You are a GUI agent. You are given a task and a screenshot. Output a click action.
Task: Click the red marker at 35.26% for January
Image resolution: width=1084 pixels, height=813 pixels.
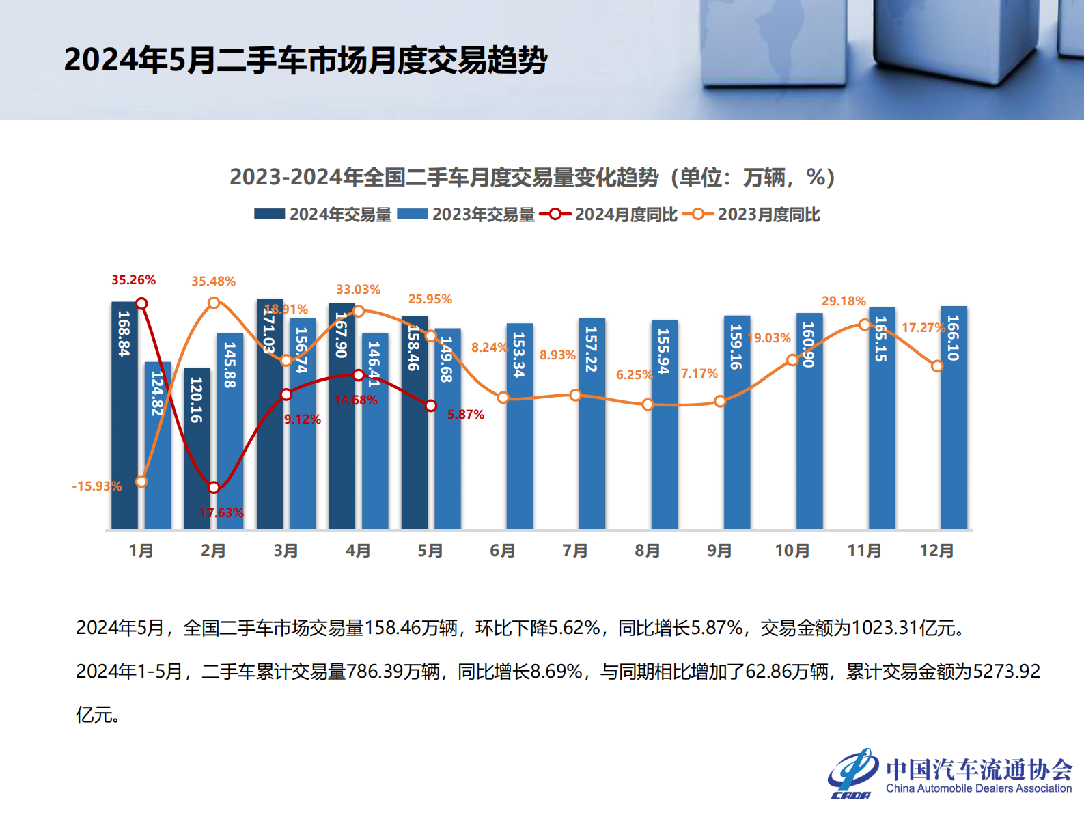141,303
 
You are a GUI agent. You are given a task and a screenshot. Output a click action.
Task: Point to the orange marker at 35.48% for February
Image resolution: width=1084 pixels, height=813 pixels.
214,302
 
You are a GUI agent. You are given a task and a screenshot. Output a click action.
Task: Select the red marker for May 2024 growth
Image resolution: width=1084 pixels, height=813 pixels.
431,406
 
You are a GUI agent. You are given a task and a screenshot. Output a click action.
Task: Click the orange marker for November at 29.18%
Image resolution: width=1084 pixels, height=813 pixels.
864,325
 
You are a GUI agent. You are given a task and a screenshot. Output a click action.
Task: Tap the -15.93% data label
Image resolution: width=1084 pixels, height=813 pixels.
96,486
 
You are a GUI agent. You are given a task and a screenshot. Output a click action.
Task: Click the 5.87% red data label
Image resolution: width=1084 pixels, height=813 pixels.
466,415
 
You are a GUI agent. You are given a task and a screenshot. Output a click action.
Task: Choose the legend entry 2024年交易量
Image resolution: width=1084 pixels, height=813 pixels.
323,215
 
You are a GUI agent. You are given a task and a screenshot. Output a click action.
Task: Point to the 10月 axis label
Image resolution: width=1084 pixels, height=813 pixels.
792,551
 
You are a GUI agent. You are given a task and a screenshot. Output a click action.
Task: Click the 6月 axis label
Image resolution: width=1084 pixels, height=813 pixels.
503,551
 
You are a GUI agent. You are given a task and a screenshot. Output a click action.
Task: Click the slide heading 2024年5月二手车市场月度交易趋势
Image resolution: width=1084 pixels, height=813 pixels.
305,60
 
